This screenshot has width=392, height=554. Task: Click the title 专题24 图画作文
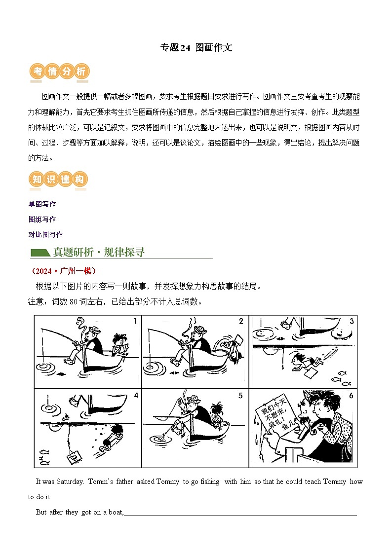click(196, 47)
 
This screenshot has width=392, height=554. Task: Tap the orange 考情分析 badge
click(59, 72)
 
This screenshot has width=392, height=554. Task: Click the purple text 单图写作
click(42, 204)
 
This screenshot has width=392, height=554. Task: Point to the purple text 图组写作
click(42, 219)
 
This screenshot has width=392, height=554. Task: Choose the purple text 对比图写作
click(45, 234)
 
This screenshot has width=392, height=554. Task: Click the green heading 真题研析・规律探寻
click(99, 252)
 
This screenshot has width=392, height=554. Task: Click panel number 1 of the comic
click(135, 322)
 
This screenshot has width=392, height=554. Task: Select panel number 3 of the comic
click(351, 322)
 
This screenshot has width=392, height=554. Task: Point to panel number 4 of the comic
click(135, 396)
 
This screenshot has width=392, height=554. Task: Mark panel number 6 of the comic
click(351, 396)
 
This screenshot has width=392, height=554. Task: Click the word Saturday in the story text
click(70, 481)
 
